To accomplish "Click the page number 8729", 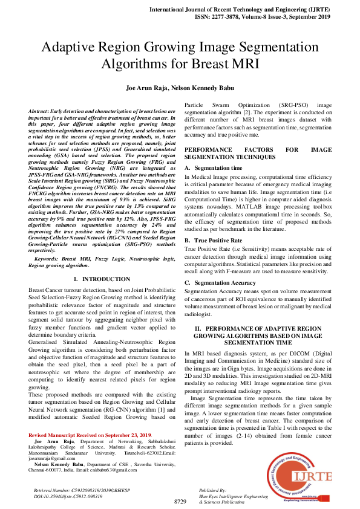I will pos(180,502).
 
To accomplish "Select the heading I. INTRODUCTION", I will pos(101,279).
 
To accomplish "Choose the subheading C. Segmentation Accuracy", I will pos(220,283).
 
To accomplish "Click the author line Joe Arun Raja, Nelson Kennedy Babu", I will pos(180,88).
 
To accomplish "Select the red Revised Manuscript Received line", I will pos(90,435).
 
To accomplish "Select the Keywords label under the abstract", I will pos(51,259).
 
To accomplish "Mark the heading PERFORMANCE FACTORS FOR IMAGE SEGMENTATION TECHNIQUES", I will pos(258,152).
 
